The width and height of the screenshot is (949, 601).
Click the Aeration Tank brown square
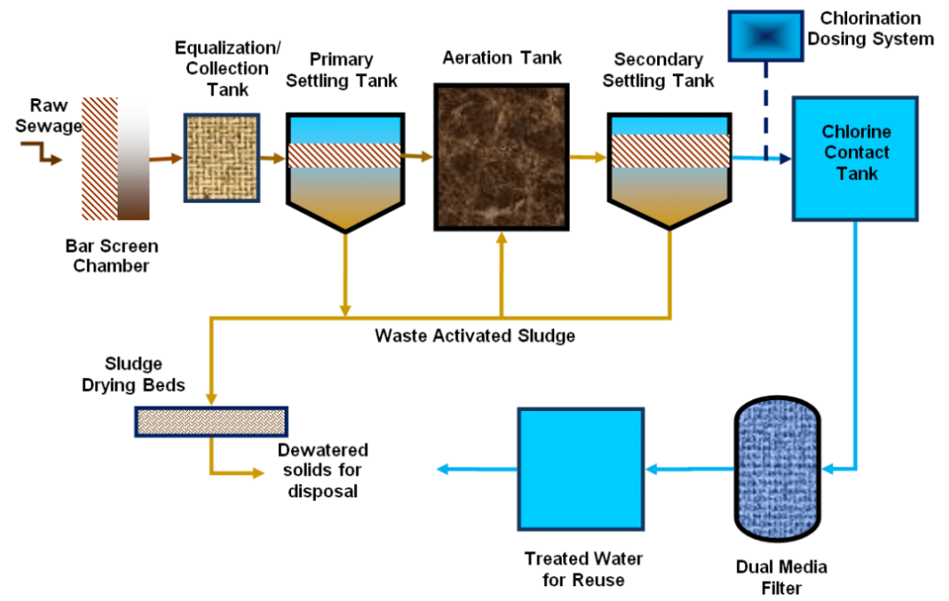coord(501,157)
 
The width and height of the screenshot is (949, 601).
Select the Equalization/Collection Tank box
coord(222,157)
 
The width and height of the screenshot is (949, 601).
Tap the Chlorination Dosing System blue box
coord(766,36)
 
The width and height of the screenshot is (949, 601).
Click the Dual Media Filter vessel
coord(778,469)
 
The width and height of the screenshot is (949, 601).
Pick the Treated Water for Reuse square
coord(580,470)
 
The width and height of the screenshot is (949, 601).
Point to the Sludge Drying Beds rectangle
coord(211,421)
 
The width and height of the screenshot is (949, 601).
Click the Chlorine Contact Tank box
coord(855,158)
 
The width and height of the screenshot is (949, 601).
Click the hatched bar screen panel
coord(100,158)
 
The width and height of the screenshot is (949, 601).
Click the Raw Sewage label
coord(48,116)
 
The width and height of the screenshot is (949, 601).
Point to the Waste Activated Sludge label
coord(475,335)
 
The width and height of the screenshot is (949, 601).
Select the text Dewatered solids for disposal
coord(323,470)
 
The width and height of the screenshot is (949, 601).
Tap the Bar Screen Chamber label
coord(111,256)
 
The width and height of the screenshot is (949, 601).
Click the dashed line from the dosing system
coord(766,110)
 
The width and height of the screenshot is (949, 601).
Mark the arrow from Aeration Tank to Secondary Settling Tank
coord(588,157)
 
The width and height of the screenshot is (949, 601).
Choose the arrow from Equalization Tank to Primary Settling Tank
coord(273,158)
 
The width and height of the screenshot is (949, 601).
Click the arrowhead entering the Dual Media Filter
coord(828,469)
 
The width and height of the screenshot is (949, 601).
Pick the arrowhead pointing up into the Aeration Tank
coord(501,238)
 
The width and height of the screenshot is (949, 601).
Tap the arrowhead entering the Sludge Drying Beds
coord(211,399)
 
